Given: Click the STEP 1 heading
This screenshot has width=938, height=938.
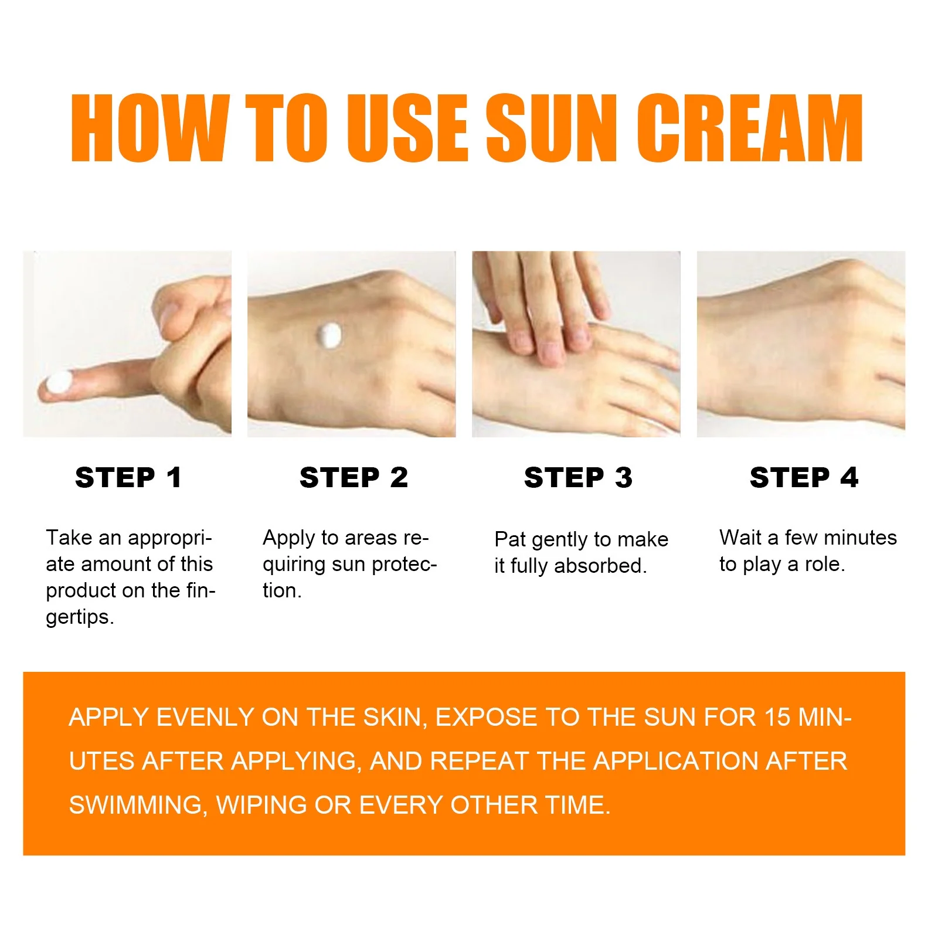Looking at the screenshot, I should coord(128,477).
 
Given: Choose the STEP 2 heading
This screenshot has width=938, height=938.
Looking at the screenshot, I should coord(354,477).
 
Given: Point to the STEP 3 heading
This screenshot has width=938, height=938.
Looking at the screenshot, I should coord(578,477).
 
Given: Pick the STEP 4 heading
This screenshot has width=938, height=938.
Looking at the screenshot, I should coord(804,477).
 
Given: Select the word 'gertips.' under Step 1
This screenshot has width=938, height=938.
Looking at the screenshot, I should coord(80,617).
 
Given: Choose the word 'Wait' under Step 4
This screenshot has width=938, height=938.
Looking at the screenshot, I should coord(740,538).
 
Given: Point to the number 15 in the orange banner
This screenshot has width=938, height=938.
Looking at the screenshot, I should coord(778,718).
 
